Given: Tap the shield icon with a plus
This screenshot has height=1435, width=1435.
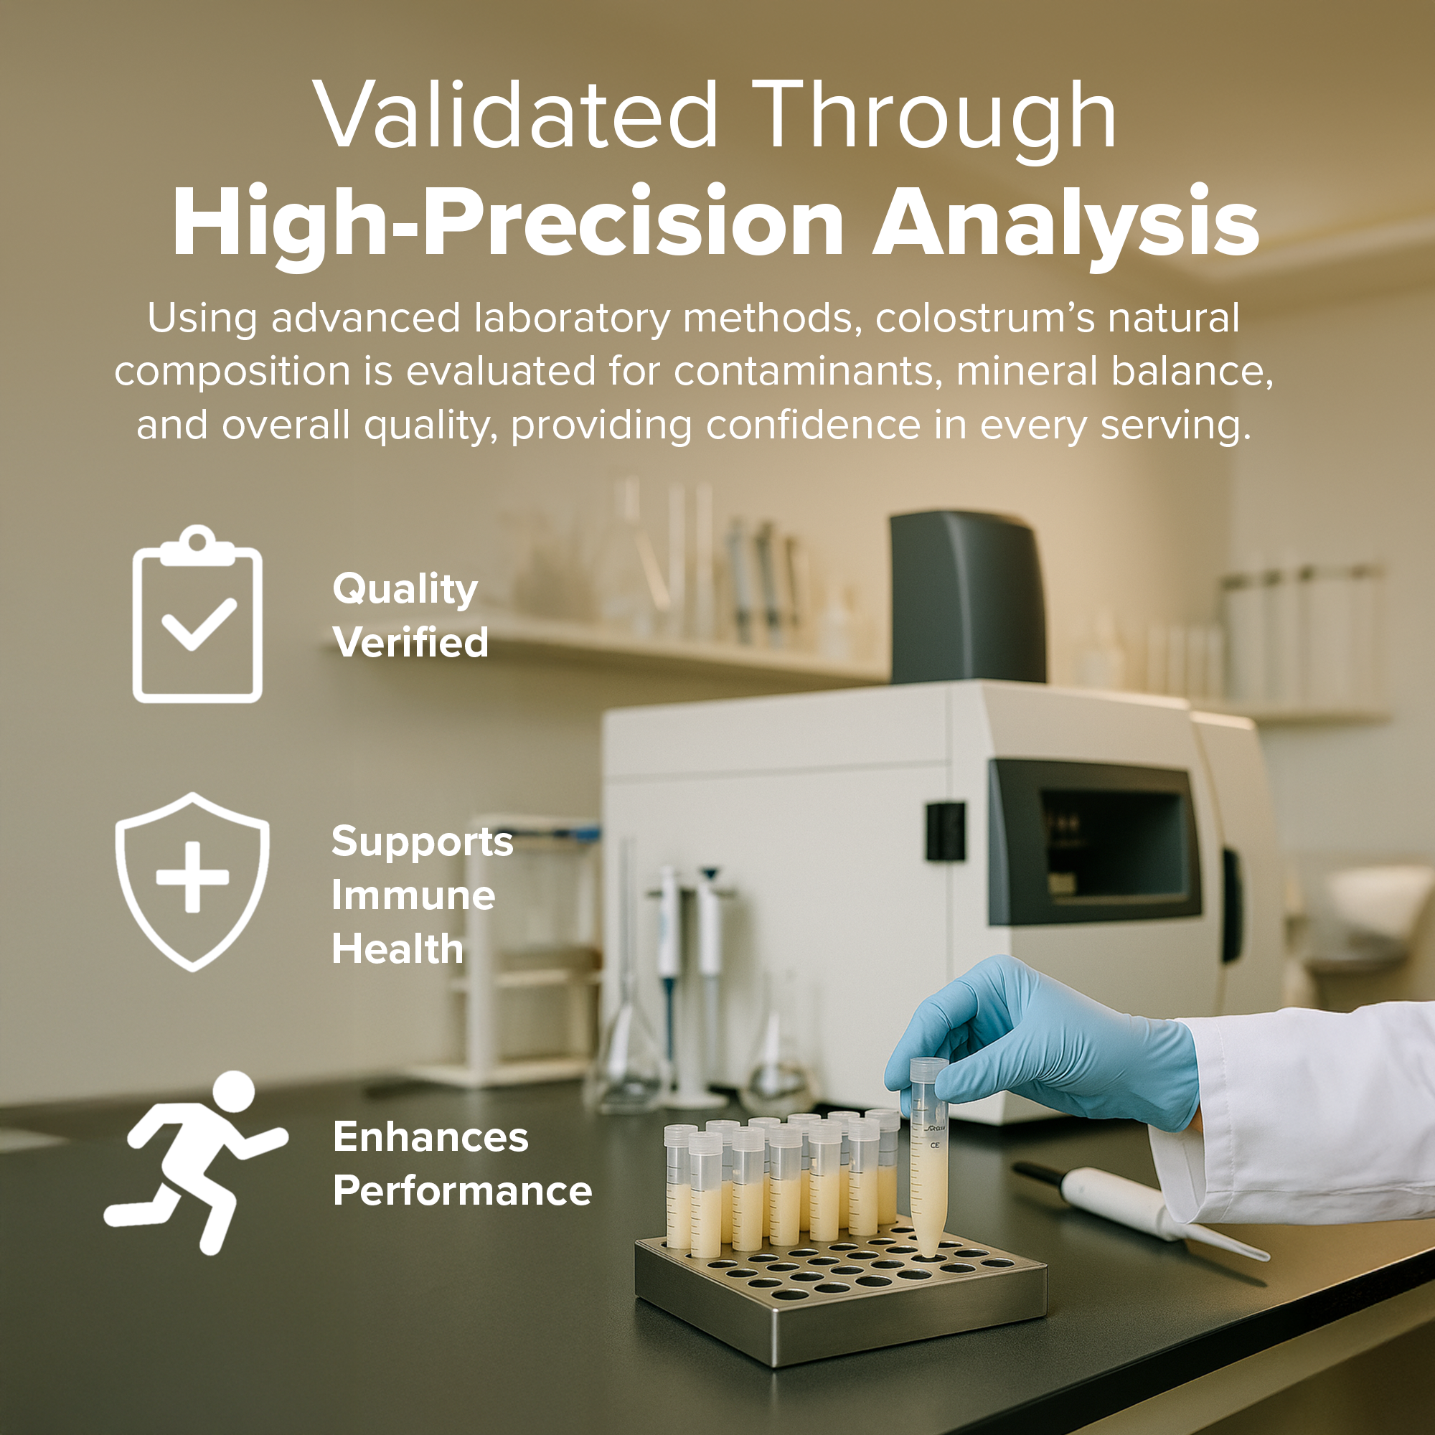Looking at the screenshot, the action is point(192,881).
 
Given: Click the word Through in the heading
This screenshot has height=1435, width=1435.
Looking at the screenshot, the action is point(935,119).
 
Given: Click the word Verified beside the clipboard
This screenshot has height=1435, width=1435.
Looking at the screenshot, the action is point(410,641).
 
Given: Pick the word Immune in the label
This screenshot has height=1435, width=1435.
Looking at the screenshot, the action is point(413,895).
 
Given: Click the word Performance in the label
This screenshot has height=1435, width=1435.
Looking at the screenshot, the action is point(462,1190).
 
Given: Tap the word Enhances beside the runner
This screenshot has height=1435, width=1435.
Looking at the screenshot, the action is point(430,1137).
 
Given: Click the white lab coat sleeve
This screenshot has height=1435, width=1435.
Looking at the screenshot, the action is point(1300,1114).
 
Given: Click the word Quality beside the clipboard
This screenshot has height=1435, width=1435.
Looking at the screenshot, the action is point(405,590).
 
